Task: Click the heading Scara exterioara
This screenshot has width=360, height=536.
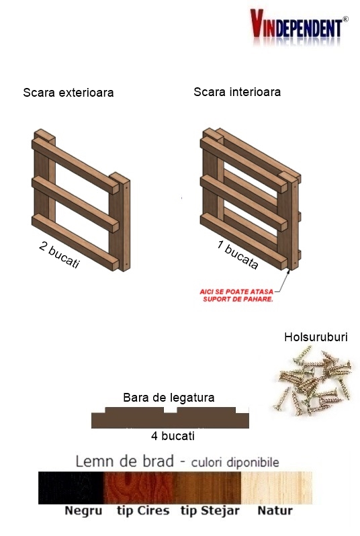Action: coord(69,93)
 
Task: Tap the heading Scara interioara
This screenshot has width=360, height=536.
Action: coord(237,92)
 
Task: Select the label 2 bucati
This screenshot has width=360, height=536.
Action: coord(59,255)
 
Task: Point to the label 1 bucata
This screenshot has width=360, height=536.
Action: coord(238,255)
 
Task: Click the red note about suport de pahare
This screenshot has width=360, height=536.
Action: coord(236,296)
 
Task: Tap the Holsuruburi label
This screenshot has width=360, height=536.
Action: coord(316,337)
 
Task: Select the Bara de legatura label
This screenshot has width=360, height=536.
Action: coord(169,398)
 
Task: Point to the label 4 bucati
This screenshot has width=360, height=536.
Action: coord(173,436)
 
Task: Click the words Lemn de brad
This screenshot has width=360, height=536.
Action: coord(125,461)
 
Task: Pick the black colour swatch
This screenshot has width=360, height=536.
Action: coord(71,488)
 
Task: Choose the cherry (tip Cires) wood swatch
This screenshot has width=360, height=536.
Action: coord(139,488)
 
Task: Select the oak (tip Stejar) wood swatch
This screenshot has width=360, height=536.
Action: coord(208,488)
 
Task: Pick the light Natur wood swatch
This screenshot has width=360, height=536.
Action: coord(277,488)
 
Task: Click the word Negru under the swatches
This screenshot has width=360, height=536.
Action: coord(83,511)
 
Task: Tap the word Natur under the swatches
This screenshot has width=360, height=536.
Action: coord(275,510)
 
